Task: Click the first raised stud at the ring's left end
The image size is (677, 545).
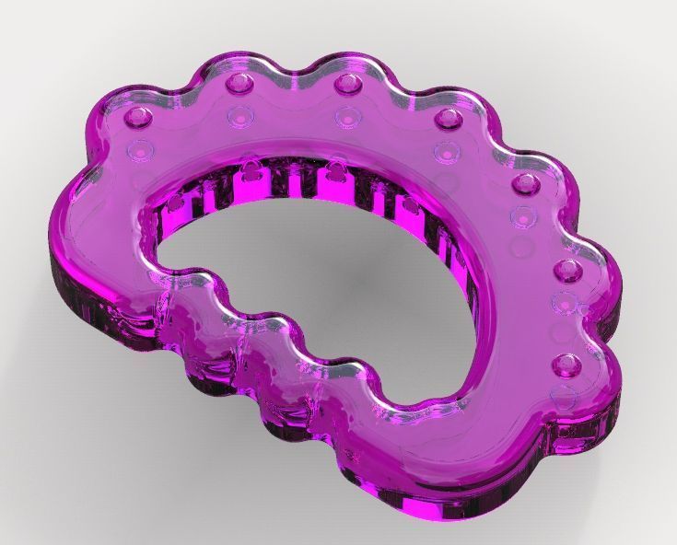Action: (139, 118)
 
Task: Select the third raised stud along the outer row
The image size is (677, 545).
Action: (346, 85)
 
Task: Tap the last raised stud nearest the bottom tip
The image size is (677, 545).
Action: (564, 366)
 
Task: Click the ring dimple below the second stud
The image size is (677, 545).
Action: (240, 116)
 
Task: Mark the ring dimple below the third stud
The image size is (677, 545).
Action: (345, 117)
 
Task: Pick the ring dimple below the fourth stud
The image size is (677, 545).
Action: (448, 150)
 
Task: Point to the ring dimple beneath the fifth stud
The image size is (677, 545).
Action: (521, 217)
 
